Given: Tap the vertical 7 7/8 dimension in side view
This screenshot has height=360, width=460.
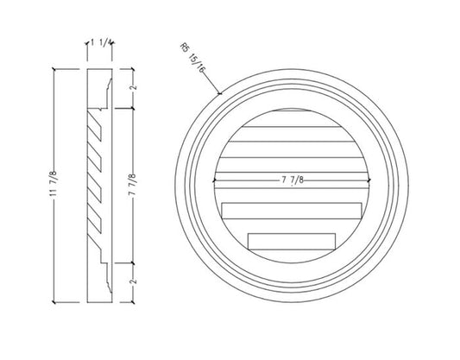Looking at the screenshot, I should (x=131, y=185).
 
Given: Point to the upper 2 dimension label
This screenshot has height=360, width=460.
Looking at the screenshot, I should (x=131, y=91).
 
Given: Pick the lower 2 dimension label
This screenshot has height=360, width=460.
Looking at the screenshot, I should (x=131, y=280).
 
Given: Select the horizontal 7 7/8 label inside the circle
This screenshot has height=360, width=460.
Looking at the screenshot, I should (x=287, y=179).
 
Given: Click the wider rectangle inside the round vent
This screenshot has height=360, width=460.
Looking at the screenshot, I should (x=289, y=210).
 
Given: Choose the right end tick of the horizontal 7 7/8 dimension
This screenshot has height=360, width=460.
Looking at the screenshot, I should (x=364, y=179).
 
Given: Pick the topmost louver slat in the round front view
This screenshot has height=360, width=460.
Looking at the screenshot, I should (x=289, y=116).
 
